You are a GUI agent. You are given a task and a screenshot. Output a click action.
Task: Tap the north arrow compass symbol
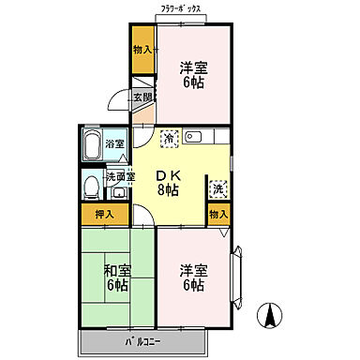click(268, 318)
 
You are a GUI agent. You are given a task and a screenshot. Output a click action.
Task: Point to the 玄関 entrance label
click(142, 97)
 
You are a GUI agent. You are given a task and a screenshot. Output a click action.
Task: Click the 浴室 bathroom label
click(114, 145)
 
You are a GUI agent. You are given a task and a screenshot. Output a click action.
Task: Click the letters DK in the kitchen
click(168, 175)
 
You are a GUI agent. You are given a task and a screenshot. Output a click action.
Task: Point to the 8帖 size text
click(168, 191)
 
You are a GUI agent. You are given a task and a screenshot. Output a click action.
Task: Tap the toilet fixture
click(90, 188)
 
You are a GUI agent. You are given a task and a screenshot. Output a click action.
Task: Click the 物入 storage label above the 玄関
click(142, 50)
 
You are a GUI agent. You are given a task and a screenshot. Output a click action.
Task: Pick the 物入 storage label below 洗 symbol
click(217, 215)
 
